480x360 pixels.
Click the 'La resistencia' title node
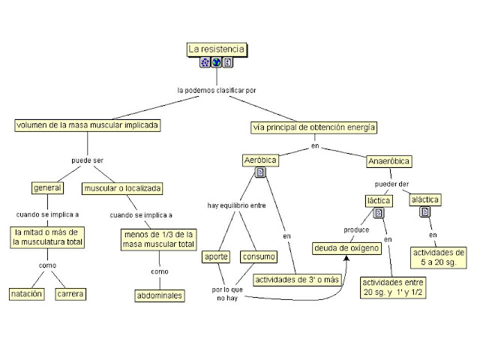pyautogui.click(x=216, y=49)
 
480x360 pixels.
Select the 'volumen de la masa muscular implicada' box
pyautogui.click(x=88, y=125)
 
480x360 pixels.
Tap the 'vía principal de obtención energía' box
pyautogui.click(x=314, y=127)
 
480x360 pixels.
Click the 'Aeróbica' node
pyautogui.click(x=261, y=160)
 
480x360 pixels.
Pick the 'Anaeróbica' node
pyautogui.click(x=389, y=161)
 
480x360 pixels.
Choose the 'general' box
pyautogui.click(x=46, y=187)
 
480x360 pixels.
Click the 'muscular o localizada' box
pyautogui.click(x=123, y=187)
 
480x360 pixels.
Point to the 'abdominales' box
pyautogui.click(x=160, y=295)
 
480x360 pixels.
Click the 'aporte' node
pyautogui.click(x=217, y=256)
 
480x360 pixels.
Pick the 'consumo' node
pyautogui.click(x=258, y=256)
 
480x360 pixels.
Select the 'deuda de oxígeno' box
pyautogui.click(x=342, y=247)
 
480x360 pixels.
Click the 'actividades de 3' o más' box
pyautogui.click(x=297, y=280)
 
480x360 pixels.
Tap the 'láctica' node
pyautogui.click(x=378, y=200)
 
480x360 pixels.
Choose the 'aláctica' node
pyautogui.click(x=425, y=199)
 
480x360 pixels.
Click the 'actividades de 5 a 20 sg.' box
pyautogui.click(x=439, y=257)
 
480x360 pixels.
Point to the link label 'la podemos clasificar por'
pyautogui.click(x=217, y=90)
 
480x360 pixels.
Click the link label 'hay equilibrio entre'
pyautogui.click(x=237, y=205)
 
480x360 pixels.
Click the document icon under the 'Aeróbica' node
pyautogui.click(x=260, y=173)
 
